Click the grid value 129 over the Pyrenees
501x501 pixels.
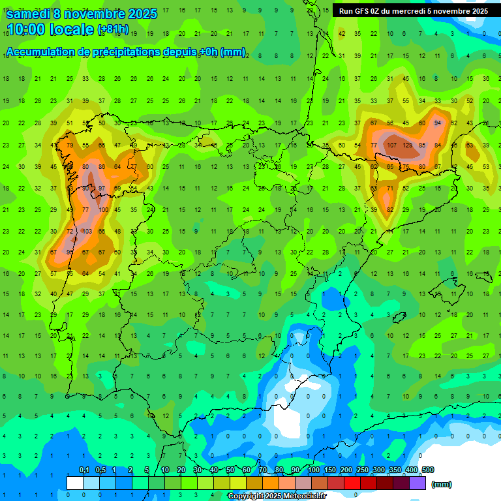click(408, 145)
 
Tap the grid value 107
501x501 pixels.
click(392, 145)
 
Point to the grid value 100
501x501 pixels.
click(103, 209)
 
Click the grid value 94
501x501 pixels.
click(438, 123)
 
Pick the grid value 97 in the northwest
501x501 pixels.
click(102, 188)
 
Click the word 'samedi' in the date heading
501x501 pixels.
click(29, 14)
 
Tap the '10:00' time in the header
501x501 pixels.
click(27, 30)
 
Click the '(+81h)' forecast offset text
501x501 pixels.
click(113, 30)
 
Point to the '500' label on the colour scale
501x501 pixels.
click(427, 470)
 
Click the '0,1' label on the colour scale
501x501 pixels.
click(83, 470)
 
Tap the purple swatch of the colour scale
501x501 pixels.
click(417, 483)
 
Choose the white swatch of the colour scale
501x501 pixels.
click(75, 483)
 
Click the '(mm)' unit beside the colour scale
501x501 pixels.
click(442, 484)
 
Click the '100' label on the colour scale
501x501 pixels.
click(313, 470)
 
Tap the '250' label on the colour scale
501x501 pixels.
click(362, 470)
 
